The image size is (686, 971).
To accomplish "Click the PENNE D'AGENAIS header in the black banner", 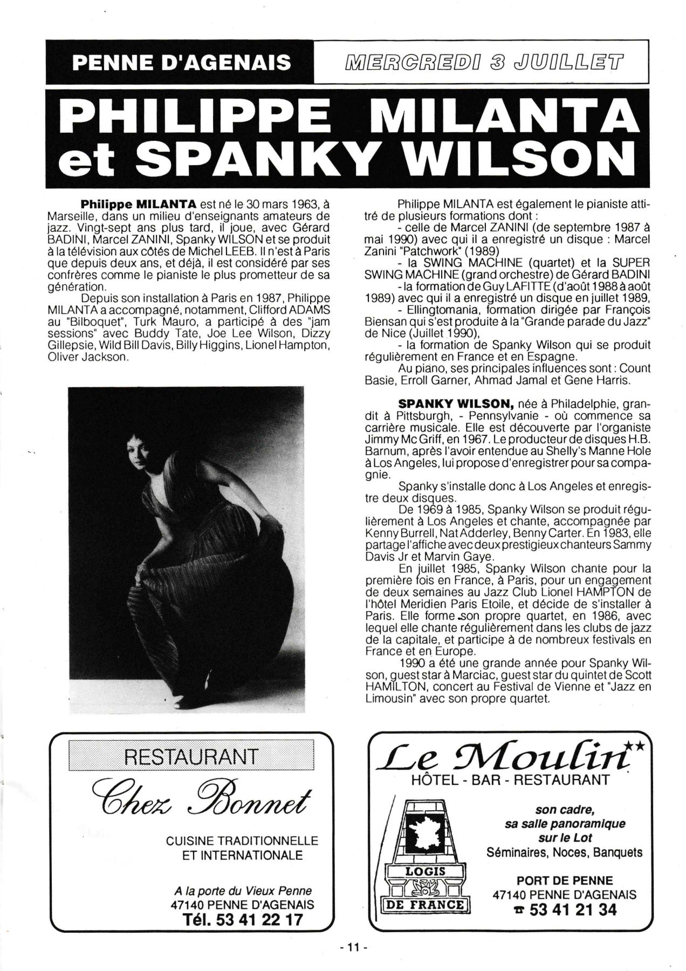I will [x=181, y=63].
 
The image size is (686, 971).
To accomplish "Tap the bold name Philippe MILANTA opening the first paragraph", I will [x=139, y=204].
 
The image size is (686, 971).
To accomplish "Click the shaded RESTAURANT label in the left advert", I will [x=191, y=756].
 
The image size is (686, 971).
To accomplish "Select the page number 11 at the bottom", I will [x=353, y=946].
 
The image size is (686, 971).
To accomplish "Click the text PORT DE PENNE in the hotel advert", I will [x=564, y=880].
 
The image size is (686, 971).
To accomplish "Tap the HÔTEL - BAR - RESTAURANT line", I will [x=510, y=779].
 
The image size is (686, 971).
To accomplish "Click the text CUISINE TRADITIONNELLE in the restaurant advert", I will [x=242, y=840].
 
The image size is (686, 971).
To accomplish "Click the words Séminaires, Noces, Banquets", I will [x=564, y=852].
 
